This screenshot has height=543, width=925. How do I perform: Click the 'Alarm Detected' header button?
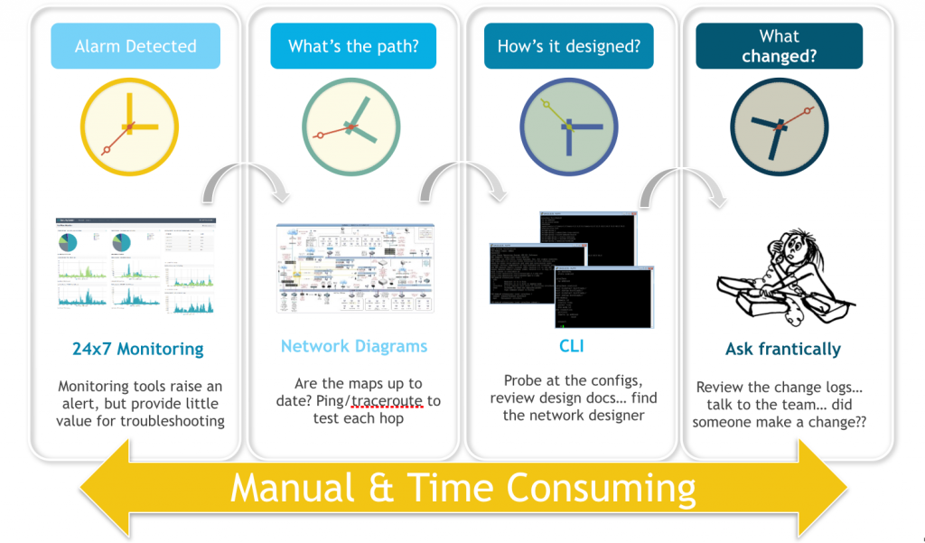pos(135,46)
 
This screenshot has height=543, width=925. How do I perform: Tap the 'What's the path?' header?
pos(353,46)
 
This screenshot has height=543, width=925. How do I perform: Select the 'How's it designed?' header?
pos(568,46)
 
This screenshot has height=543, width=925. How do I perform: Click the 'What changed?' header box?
pos(779,46)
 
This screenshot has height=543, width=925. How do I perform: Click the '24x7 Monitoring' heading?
pos(138,349)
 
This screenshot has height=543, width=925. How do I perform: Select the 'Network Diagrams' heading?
pos(354,346)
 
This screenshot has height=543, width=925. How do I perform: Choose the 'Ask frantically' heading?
pos(783,349)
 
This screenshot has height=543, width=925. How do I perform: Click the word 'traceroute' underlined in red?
pos(384,401)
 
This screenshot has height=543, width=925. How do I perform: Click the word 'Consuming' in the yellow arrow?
pos(601,488)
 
